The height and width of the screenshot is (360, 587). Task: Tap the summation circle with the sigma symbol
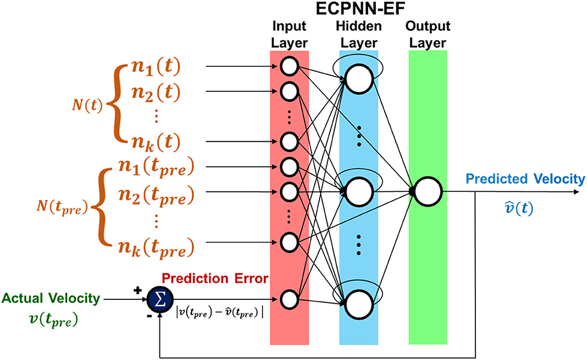click(x=158, y=299)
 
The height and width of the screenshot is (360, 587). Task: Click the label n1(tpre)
click(x=156, y=167)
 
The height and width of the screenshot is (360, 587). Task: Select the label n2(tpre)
click(x=156, y=196)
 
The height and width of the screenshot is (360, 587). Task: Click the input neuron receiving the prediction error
click(x=290, y=299)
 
